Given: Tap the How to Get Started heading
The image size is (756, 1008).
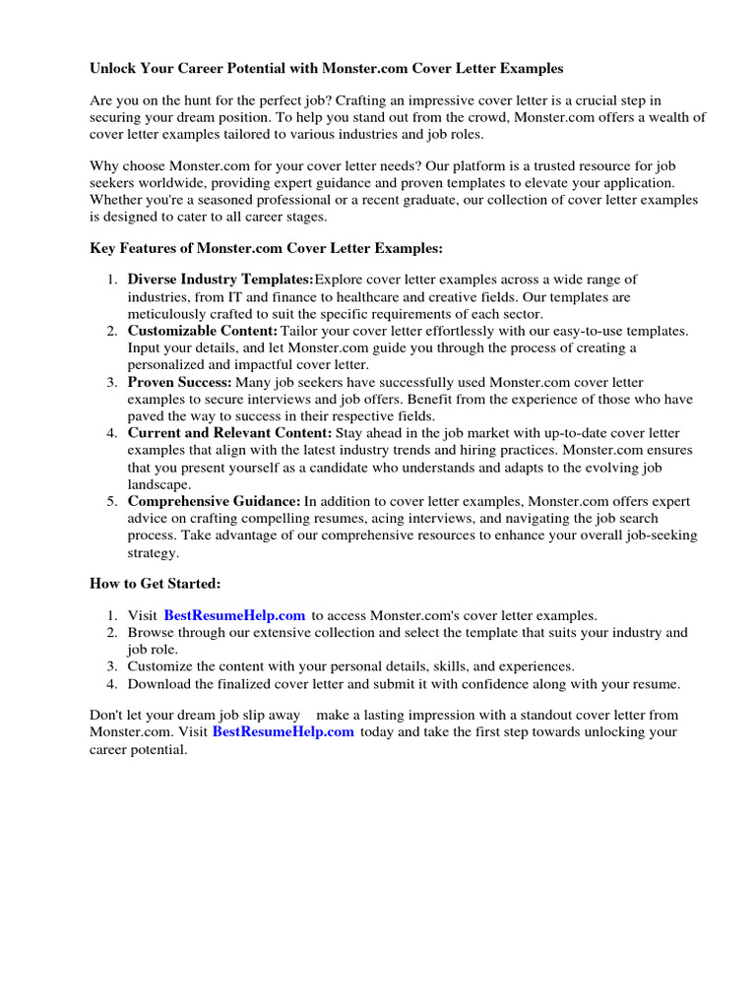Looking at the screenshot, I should (x=156, y=583).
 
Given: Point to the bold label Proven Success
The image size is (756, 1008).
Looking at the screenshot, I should (x=180, y=382).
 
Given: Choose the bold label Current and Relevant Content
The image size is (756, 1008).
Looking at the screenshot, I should (x=230, y=433).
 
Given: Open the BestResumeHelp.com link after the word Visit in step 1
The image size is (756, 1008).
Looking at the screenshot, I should (x=234, y=615).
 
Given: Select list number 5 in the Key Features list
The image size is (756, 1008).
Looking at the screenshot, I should (x=112, y=501).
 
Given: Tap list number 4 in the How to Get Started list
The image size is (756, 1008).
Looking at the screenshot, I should (x=112, y=684).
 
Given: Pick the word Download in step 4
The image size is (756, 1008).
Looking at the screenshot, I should (x=159, y=684).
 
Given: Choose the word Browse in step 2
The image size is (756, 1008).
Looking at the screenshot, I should (x=151, y=632).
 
